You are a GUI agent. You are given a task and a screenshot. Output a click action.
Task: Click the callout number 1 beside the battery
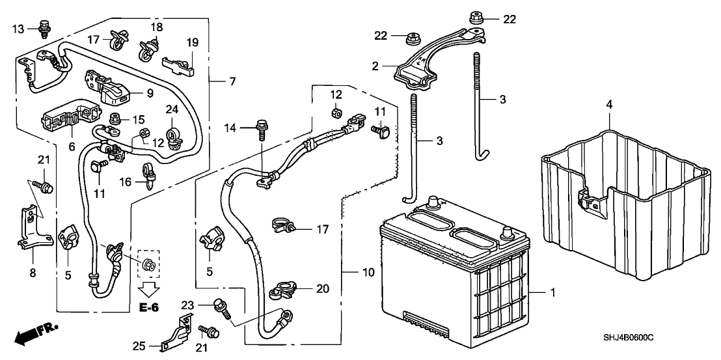(553, 294)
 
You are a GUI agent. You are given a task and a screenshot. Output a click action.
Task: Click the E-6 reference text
(149, 307)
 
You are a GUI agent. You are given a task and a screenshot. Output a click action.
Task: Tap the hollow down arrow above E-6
(149, 288)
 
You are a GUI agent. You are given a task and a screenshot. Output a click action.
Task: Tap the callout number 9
(149, 92)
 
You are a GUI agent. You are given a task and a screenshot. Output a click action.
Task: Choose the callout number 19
(191, 42)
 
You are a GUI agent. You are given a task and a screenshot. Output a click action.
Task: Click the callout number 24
(172, 109)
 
